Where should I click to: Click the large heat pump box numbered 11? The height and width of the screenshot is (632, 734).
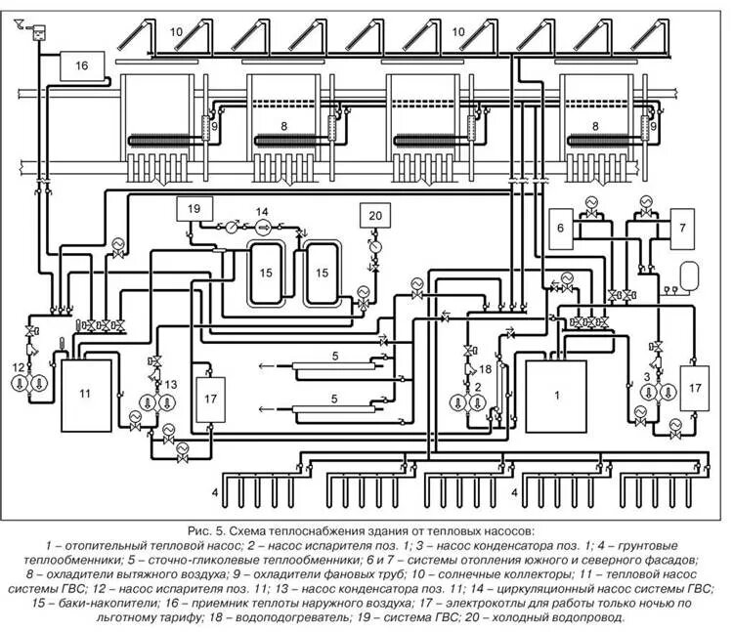coord(86,394)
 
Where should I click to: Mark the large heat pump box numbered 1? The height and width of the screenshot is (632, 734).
coord(556,396)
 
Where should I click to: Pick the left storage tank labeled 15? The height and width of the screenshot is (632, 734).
coord(265,273)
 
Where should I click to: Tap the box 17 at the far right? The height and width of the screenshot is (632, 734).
coord(695,386)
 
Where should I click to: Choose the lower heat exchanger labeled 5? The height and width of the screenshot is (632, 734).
coord(333,410)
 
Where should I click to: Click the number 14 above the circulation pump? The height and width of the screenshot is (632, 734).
coord(261,212)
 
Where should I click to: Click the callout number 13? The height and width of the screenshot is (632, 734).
coord(171,384)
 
